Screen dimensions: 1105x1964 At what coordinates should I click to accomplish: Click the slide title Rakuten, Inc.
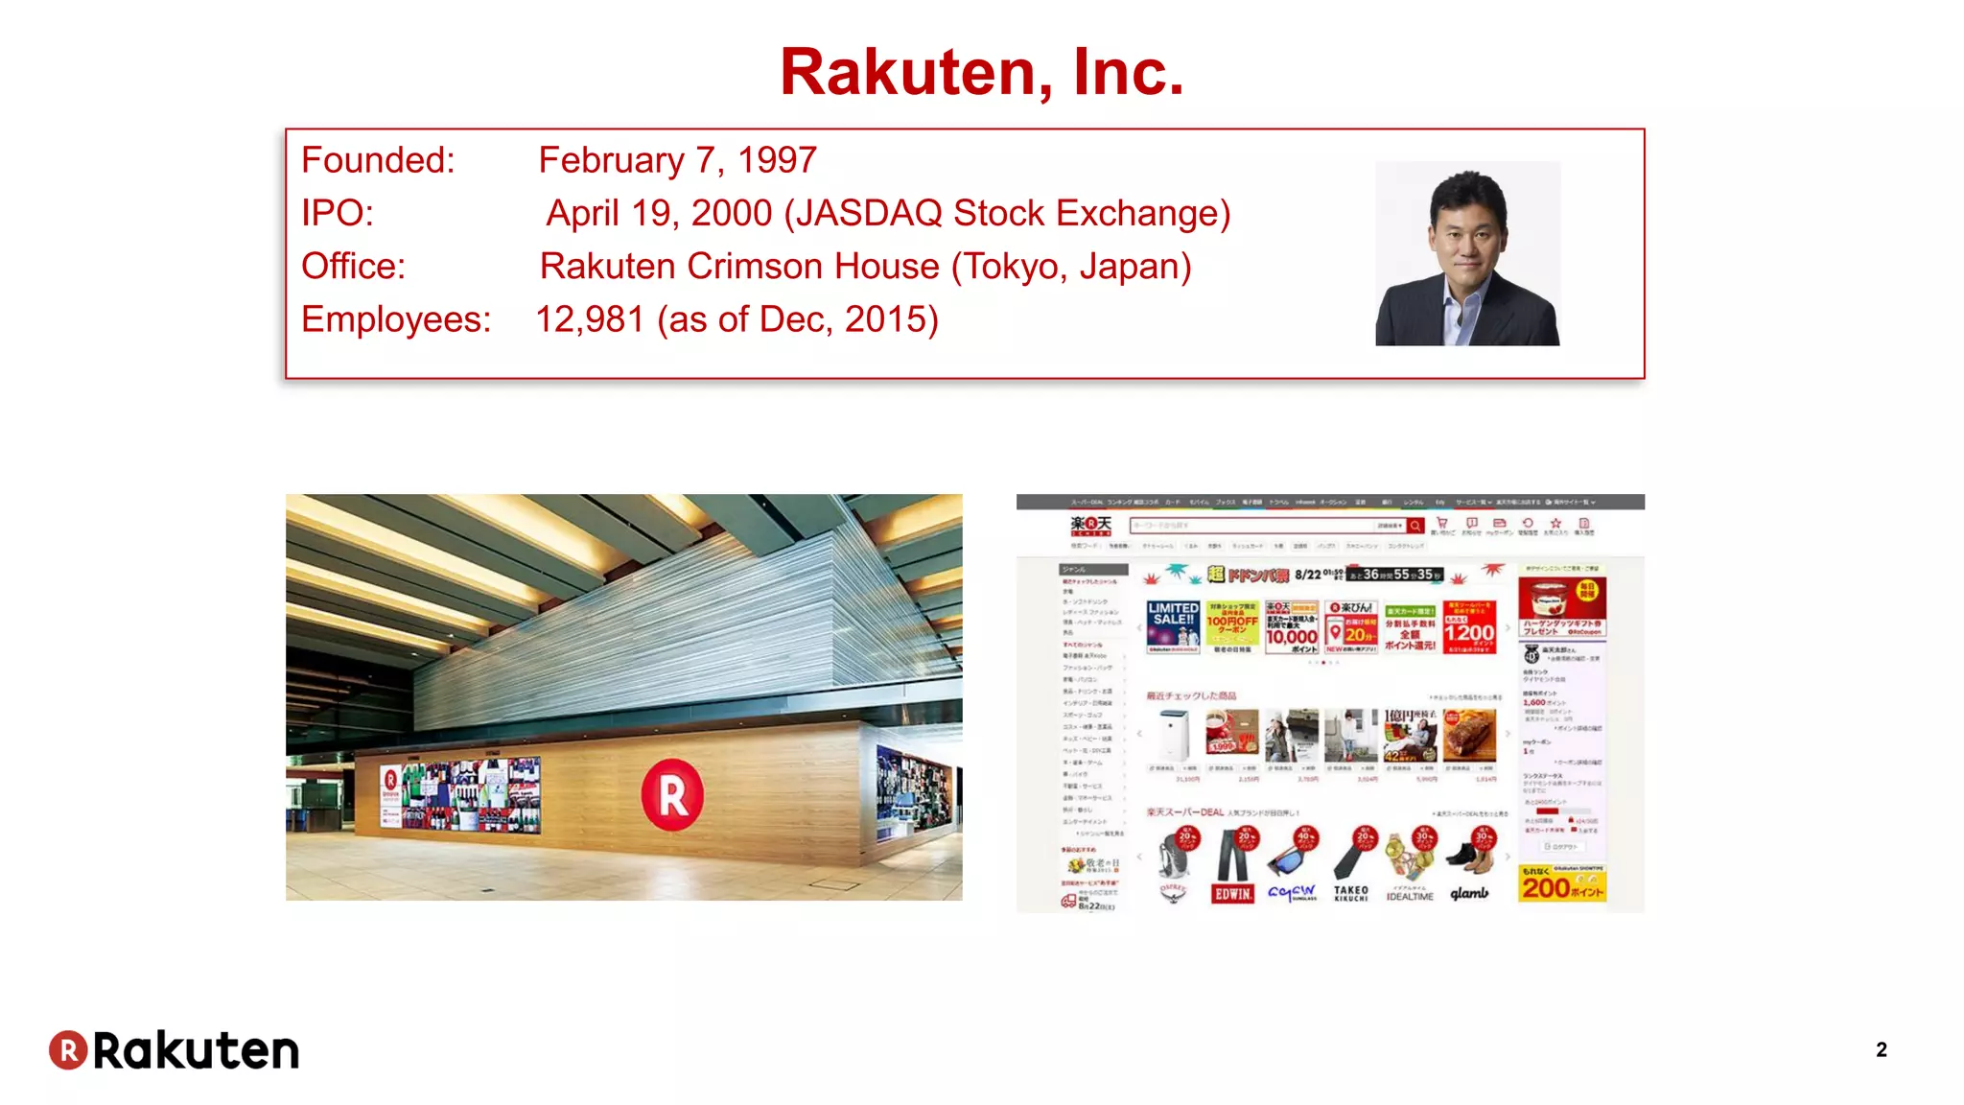coord(982,72)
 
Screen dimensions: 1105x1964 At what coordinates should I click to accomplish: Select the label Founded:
coord(378,160)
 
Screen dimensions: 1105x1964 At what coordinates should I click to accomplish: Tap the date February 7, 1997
coord(677,160)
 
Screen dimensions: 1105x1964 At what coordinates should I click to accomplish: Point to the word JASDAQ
coord(868,213)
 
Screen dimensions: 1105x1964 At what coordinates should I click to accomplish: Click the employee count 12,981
coord(590,319)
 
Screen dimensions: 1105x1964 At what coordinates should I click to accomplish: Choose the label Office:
coord(353,267)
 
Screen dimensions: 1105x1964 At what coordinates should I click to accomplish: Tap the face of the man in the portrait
coord(1464,235)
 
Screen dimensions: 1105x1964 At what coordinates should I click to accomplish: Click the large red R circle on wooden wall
coord(672,794)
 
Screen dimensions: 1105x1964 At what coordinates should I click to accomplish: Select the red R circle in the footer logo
coord(68,1050)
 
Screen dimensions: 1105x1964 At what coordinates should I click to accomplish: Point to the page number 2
coord(1882,1049)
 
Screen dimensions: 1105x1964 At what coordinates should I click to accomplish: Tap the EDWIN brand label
coord(1233,893)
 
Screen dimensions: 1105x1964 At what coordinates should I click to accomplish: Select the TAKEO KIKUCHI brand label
coord(1350,893)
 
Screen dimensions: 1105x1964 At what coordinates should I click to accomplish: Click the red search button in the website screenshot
coord(1415,526)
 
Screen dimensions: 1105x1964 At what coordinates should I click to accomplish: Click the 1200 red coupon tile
coord(1469,629)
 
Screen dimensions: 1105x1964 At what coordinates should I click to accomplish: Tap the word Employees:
coord(396,319)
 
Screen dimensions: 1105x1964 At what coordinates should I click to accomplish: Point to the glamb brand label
coord(1469,893)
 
